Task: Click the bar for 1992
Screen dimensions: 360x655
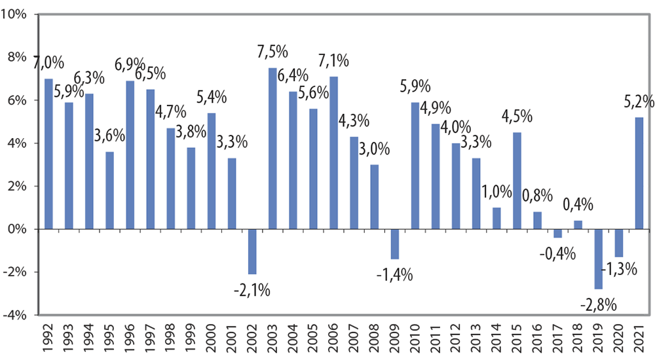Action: [x=48, y=154]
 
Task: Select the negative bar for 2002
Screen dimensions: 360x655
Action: [x=252, y=251]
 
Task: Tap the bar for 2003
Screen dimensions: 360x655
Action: [x=272, y=149]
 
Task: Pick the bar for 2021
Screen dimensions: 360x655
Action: [x=639, y=173]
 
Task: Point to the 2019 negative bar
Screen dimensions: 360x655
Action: [x=598, y=259]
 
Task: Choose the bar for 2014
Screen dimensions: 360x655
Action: [x=496, y=219]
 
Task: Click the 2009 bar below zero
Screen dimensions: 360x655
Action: [x=394, y=244]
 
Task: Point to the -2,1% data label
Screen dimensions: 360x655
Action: [x=252, y=289]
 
